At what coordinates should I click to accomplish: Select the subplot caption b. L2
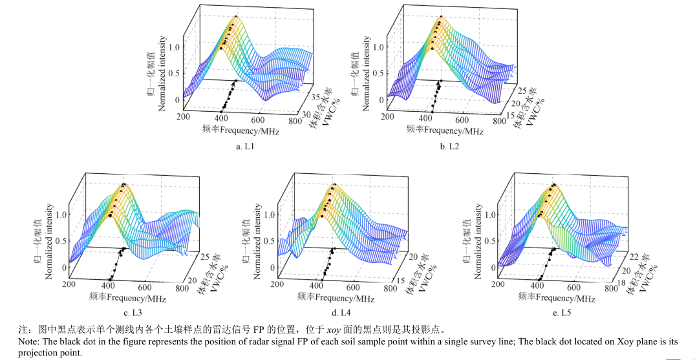(x=453, y=147)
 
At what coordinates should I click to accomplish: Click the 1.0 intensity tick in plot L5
(x=491, y=215)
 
